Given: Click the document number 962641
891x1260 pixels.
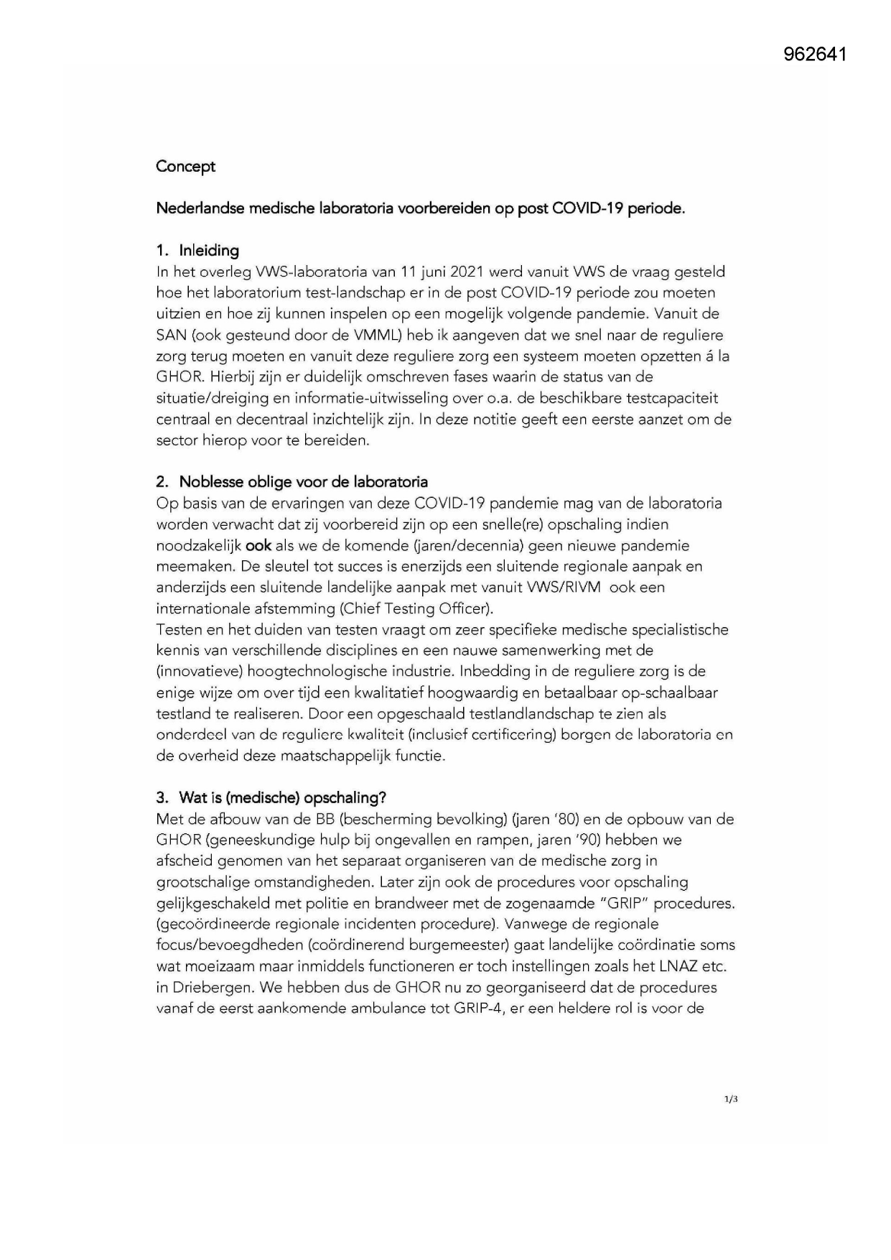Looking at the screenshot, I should pyautogui.click(x=815, y=55).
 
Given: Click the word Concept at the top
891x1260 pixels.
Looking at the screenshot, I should pyautogui.click(x=185, y=167).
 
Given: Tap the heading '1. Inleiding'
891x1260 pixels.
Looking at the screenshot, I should pyautogui.click(x=197, y=251).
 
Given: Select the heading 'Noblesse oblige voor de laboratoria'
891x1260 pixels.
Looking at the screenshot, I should pyautogui.click(x=303, y=481).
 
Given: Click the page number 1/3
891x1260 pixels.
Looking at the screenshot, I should pyautogui.click(x=731, y=1099).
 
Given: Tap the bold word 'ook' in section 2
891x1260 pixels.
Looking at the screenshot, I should pyautogui.click(x=258, y=546).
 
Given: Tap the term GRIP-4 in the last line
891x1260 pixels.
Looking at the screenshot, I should pyautogui.click(x=478, y=1009).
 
